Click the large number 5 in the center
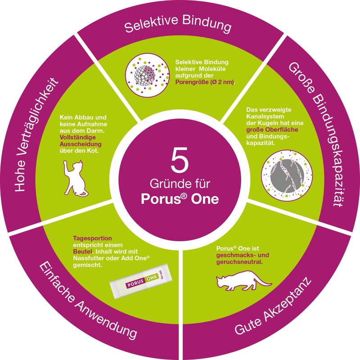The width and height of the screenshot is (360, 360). (x=180, y=160)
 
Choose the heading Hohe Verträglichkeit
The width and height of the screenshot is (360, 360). (x=37, y=134)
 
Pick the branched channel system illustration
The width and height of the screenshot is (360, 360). (x=287, y=175)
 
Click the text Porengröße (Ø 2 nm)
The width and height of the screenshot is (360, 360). (x=205, y=82)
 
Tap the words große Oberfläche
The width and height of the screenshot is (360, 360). (x=272, y=130)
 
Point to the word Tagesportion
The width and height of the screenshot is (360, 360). (x=93, y=238)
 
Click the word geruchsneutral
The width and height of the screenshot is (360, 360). (x=239, y=262)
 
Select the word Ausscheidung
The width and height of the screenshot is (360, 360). (x=81, y=144)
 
